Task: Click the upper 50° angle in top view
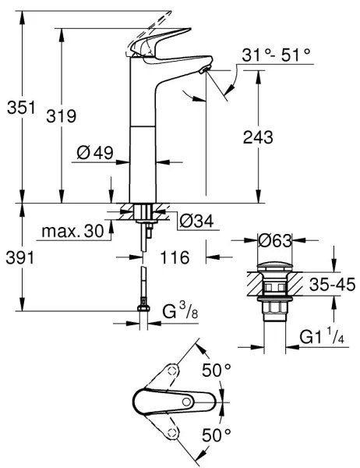click(217, 370)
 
